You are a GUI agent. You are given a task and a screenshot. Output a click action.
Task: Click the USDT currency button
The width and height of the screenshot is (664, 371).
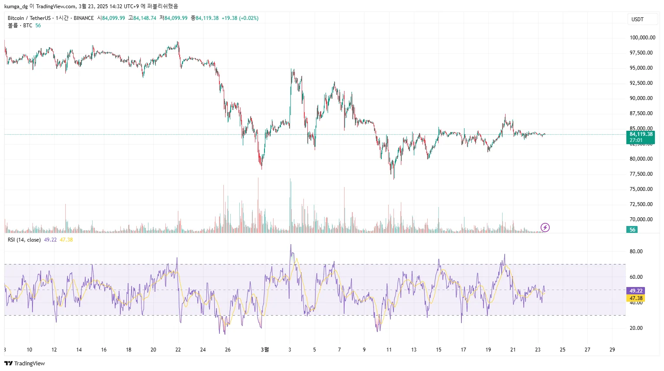pyautogui.click(x=637, y=19)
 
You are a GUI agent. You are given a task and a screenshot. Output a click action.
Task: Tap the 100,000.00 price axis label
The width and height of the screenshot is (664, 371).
pyautogui.click(x=642, y=38)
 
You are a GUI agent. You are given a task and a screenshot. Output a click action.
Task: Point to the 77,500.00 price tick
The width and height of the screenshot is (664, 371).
pyautogui.click(x=641, y=174)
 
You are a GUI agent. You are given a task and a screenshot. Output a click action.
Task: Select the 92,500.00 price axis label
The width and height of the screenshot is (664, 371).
pyautogui.click(x=641, y=83)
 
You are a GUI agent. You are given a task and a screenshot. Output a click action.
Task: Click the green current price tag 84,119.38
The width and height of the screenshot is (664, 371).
pyautogui.click(x=641, y=134)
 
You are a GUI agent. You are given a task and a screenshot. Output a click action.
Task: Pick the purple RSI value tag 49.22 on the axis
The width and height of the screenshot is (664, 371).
pyautogui.click(x=636, y=291)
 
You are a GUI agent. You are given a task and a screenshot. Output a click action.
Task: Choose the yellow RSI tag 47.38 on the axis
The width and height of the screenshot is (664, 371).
pyautogui.click(x=636, y=298)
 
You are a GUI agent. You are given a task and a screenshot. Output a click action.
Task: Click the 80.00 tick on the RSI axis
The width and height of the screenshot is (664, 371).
pyautogui.click(x=636, y=252)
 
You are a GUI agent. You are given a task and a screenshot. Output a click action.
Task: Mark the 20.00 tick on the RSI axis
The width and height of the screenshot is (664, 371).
pyautogui.click(x=636, y=328)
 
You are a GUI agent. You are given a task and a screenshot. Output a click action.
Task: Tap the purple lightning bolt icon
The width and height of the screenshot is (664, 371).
pyautogui.click(x=545, y=227)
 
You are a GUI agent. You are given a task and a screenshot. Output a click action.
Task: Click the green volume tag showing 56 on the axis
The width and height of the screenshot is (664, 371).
pyautogui.click(x=632, y=230)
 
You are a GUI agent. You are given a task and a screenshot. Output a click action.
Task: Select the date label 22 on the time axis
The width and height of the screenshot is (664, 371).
pyautogui.click(x=178, y=350)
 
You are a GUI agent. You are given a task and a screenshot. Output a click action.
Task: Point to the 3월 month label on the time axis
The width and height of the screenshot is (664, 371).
pyautogui.click(x=264, y=350)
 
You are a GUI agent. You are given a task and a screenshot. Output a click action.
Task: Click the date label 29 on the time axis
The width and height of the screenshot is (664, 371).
pyautogui.click(x=612, y=350)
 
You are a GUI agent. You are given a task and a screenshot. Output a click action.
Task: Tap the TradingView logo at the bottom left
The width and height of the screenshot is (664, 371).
pyautogui.click(x=25, y=363)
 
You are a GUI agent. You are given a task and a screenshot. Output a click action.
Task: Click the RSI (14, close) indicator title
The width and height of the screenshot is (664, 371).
pyautogui.click(x=24, y=240)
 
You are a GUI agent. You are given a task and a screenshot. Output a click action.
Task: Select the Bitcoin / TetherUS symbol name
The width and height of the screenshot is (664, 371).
pyautogui.click(x=29, y=18)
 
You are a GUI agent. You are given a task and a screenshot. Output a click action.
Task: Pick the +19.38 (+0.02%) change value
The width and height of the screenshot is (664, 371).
pyautogui.click(x=240, y=18)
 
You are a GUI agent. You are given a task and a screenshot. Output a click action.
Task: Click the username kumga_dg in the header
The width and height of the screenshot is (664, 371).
pyautogui.click(x=16, y=6)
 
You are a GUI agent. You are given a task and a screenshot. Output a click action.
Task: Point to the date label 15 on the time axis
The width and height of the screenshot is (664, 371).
pyautogui.click(x=438, y=350)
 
